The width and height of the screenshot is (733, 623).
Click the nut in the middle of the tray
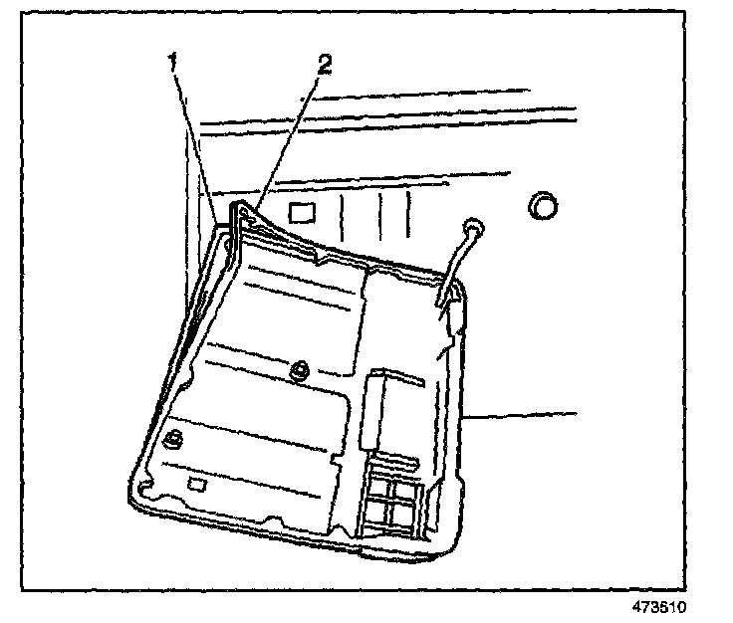296,371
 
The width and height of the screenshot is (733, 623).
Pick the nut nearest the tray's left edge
173,438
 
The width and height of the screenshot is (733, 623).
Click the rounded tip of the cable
472,229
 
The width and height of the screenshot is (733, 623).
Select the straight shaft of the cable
454,264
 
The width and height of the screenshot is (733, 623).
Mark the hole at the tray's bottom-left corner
145,488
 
